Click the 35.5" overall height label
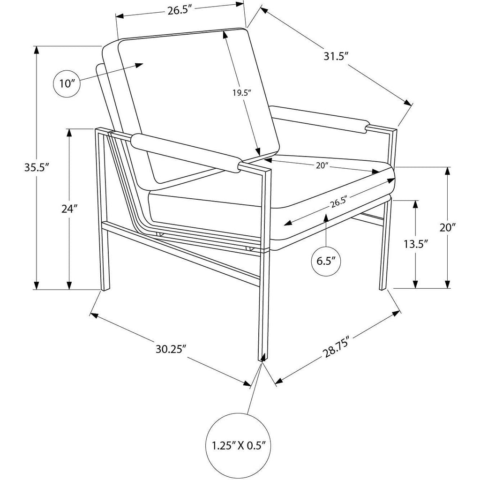coord(37,167)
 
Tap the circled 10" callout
coord(67,83)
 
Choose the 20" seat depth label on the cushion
coord(322,165)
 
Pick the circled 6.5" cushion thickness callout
coord(326,261)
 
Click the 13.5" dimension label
coord(415,244)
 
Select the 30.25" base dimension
coord(171,349)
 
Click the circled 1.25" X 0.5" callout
coord(239,446)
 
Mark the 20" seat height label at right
coord(448,228)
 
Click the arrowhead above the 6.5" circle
coord(326,217)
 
